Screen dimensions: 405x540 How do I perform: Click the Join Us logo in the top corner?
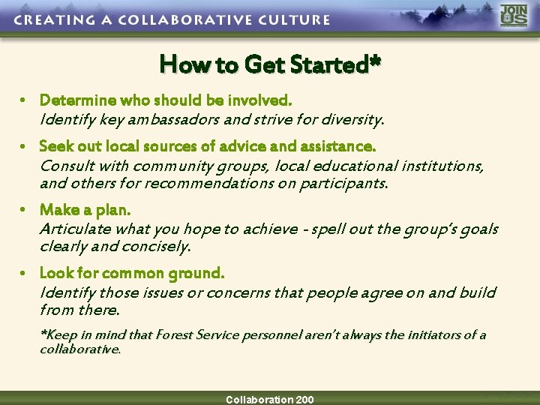[514, 16]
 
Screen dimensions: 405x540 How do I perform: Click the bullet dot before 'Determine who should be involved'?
[25, 100]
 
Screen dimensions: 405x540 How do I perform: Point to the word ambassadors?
[170, 118]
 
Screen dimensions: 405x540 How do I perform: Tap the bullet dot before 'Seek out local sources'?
[25, 145]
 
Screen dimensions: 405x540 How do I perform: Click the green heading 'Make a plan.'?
[85, 210]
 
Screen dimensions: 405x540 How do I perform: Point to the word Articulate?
[75, 229]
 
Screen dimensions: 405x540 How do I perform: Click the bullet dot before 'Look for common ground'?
[25, 274]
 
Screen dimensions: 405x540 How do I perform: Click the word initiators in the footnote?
[428, 334]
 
